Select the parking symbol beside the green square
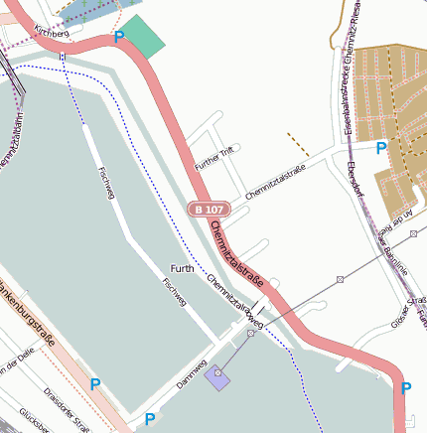point(119,38)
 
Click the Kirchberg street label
point(51,34)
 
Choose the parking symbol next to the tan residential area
point(381,149)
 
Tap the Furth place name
point(182,269)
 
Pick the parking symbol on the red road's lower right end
point(406,388)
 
